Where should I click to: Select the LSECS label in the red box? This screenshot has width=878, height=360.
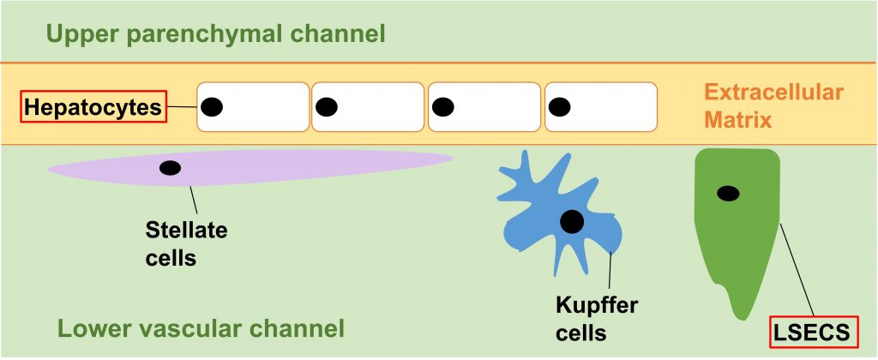(813, 332)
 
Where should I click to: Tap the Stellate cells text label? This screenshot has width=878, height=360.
(186, 243)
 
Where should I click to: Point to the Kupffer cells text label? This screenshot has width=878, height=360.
(597, 319)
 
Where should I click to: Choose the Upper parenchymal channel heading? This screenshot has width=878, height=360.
(215, 35)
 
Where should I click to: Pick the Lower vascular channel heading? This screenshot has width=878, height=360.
(201, 328)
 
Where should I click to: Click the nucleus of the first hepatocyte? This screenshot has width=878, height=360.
(212, 107)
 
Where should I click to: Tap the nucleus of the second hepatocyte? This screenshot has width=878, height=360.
(327, 107)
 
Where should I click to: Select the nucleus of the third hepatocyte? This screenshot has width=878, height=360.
(443, 107)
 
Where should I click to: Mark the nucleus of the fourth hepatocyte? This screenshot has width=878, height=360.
(560, 107)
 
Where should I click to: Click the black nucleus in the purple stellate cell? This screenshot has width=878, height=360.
(171, 167)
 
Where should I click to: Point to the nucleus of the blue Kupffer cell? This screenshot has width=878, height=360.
(572, 222)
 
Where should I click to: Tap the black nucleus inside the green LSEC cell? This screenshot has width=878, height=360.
(728, 194)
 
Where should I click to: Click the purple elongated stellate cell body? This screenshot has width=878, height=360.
(300, 163)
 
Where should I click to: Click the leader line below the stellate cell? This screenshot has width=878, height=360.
(194, 201)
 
